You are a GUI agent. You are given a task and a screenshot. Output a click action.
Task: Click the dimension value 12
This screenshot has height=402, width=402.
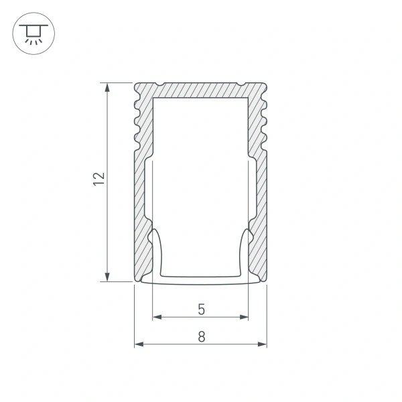tap(99, 178)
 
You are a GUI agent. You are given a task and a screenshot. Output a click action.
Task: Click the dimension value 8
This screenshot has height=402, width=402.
tap(201, 338)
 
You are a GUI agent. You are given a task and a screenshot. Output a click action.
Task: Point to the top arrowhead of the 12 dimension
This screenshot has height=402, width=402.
tap(107, 86)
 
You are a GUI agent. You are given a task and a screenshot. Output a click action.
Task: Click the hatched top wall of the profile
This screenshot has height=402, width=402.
tap(201, 90)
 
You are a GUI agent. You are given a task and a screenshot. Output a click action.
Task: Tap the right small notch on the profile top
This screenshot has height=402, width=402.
tap(240, 84)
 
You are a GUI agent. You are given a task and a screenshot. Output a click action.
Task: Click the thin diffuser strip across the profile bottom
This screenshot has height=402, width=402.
tap(201, 279)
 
